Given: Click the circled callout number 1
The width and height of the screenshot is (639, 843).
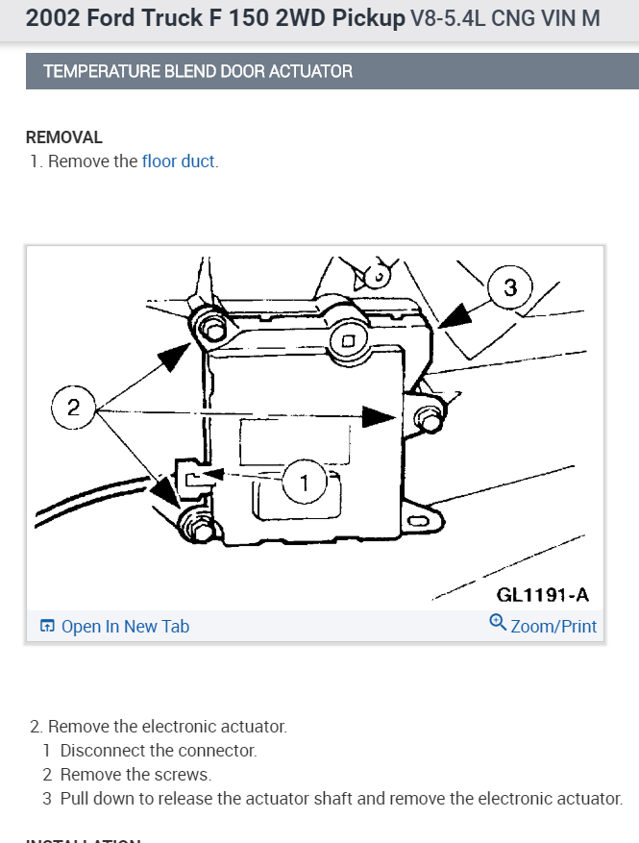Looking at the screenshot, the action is (306, 483).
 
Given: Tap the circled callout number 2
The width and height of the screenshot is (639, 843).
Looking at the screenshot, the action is (73, 408).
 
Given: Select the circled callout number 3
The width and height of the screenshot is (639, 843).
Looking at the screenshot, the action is (510, 286).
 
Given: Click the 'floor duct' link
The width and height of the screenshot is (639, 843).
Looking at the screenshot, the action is (178, 161).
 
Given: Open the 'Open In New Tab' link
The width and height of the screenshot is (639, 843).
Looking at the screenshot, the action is (125, 627).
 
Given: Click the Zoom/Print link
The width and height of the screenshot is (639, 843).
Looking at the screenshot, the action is (553, 627).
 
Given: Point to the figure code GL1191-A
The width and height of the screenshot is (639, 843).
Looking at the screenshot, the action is (543, 595).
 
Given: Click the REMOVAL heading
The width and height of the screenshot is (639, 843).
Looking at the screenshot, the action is (63, 138).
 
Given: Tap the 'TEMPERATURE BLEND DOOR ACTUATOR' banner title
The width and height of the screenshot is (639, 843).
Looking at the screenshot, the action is (198, 71).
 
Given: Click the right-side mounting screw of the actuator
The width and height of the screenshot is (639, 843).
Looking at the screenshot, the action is (430, 420).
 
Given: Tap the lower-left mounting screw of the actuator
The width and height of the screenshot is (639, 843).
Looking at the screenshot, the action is (199, 528).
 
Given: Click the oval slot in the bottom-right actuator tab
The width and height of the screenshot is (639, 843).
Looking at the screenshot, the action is (420, 521).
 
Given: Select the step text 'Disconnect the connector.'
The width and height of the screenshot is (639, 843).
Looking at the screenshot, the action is (159, 751).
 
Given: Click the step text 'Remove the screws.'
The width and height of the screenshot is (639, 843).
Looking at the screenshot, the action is (135, 775).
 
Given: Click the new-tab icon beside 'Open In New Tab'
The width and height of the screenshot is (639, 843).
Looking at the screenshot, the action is (47, 627).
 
